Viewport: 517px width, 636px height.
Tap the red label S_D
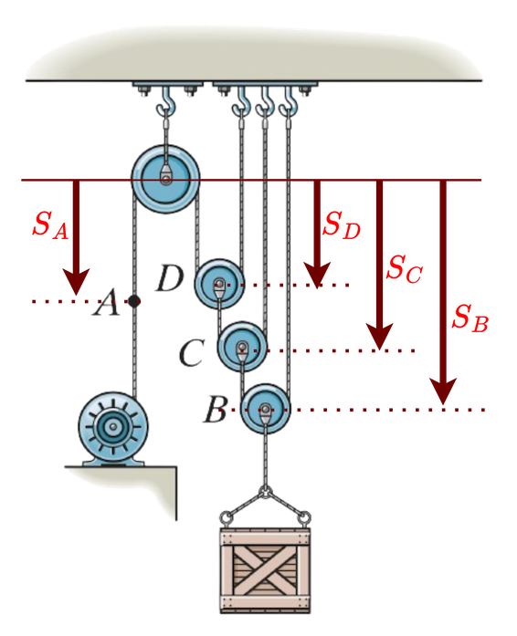coord(342,225)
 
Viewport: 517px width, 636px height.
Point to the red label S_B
coord(470,318)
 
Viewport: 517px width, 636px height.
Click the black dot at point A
coord(134,300)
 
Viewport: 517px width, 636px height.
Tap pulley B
coord(266,410)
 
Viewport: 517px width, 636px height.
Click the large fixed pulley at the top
coord(164,177)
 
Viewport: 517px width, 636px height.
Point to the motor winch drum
coord(114,426)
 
